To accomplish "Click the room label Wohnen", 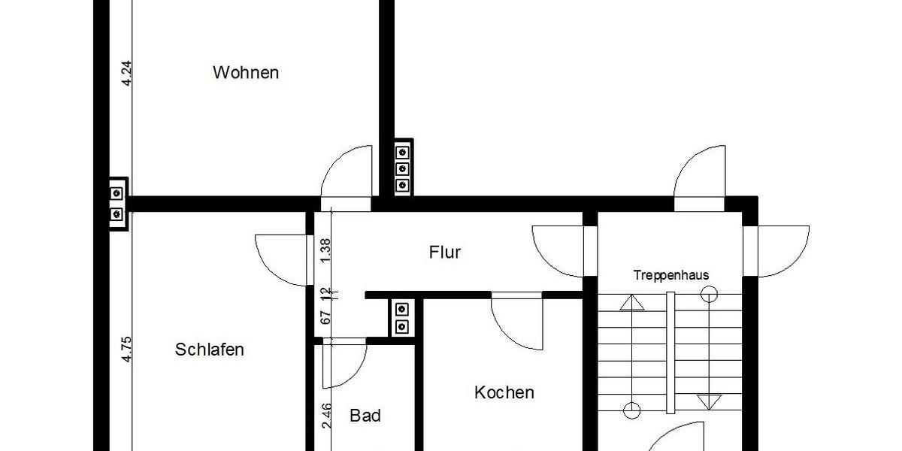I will click(x=246, y=73).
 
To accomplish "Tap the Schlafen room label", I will click(x=210, y=350).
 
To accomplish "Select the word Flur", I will click(x=444, y=253).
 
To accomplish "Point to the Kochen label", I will click(x=504, y=392).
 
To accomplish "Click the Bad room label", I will click(x=365, y=416).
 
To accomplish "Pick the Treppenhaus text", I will click(x=670, y=275).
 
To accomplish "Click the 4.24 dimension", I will click(x=127, y=73).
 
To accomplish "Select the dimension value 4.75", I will click(x=127, y=350).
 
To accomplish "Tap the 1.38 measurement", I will click(x=325, y=250).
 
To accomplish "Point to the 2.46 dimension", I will click(x=325, y=416).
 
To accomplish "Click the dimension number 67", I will click(x=325, y=316).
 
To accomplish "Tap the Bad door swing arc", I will click(x=342, y=366).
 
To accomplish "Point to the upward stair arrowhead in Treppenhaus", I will click(x=632, y=302).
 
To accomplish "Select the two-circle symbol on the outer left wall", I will click(x=117, y=203).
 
